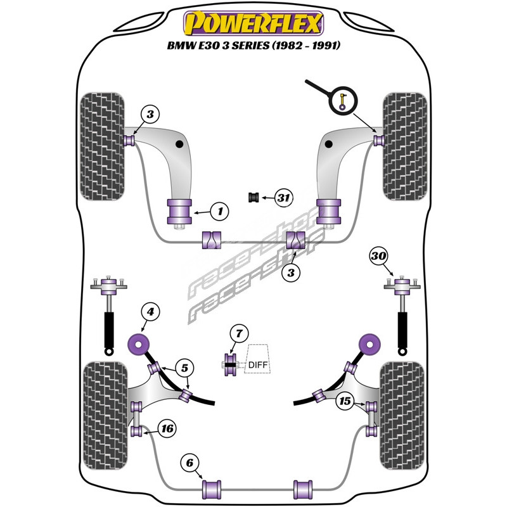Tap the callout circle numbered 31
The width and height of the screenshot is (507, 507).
coord(283,199)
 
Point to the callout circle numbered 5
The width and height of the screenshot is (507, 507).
coord(183,368)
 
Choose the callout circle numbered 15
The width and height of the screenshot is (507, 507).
coord(345,401)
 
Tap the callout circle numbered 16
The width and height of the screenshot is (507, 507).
coord(167,429)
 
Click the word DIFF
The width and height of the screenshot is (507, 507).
coord(257,364)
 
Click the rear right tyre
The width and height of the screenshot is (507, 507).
coord(402,414)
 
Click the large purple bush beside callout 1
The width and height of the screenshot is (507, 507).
coord(179,211)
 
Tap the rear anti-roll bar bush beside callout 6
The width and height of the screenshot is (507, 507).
coord(212,489)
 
